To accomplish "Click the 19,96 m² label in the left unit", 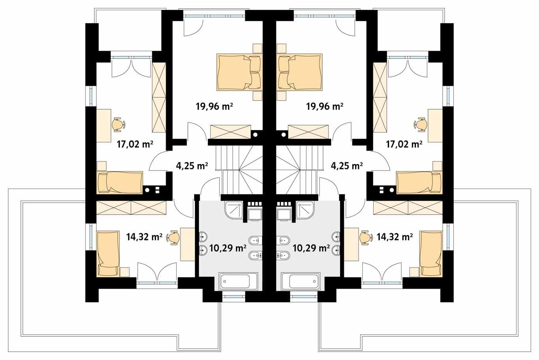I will [x=213, y=106].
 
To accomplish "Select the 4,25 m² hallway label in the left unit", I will [x=192, y=166].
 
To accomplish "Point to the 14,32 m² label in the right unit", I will [x=395, y=237].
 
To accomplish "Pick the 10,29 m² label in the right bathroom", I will [x=311, y=248].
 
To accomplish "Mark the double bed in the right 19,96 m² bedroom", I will [x=300, y=72].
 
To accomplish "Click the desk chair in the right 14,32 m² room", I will [x=367, y=237].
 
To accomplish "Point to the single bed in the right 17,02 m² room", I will [x=419, y=183].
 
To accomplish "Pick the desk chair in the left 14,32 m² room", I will [x=173, y=237].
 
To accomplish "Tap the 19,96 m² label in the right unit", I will [x=324, y=106].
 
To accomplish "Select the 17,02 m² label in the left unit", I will [x=135, y=144].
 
